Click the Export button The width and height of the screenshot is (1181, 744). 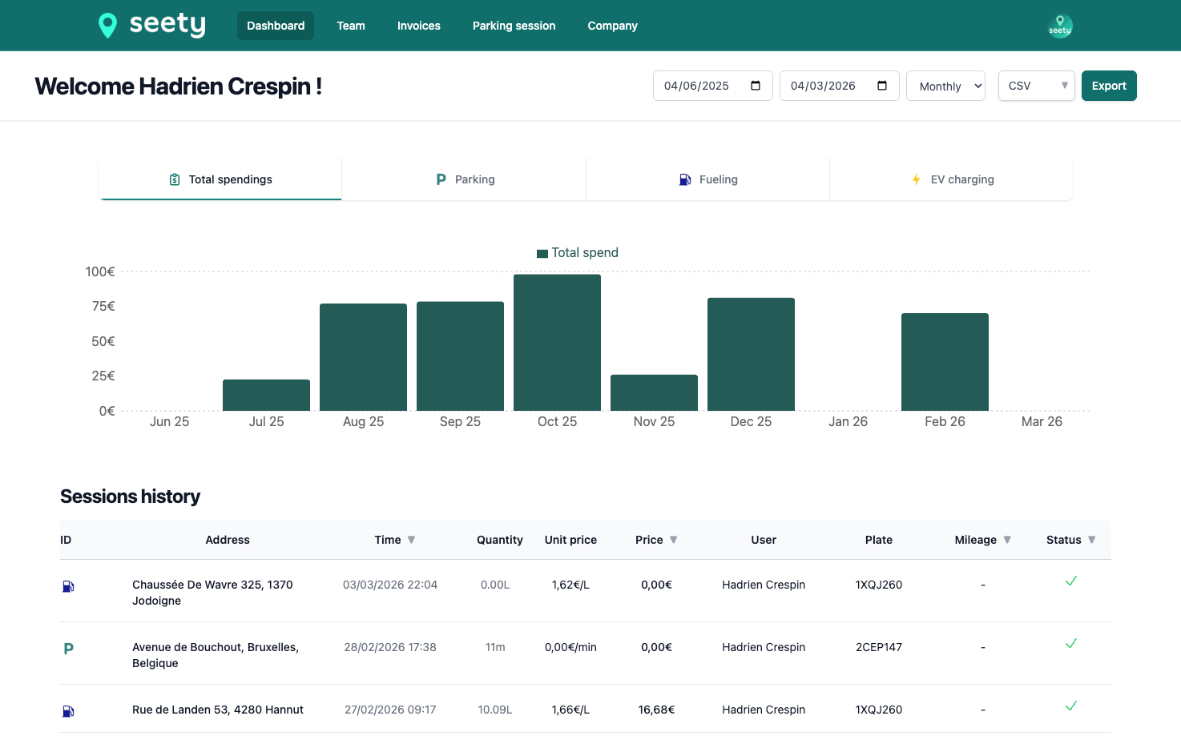tap(1108, 86)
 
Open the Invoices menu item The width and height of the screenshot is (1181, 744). tap(418, 26)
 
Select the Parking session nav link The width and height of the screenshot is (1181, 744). tap(514, 26)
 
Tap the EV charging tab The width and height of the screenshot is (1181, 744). tap(952, 179)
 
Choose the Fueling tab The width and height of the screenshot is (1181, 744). tap(707, 179)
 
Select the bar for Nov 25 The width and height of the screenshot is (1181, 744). tap(654, 392)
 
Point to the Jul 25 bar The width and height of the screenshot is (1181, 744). tap(266, 395)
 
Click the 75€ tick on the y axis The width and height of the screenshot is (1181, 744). tap(103, 306)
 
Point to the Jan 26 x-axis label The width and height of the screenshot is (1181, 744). tap(848, 421)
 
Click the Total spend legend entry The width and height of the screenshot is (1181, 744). tap(578, 253)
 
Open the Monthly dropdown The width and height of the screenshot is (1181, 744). tap(945, 86)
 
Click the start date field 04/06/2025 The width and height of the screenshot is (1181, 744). tap(711, 86)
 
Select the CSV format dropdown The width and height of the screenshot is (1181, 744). tap(1036, 86)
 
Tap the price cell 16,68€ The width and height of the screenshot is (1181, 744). tap(656, 710)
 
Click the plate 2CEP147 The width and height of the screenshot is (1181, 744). tap(878, 647)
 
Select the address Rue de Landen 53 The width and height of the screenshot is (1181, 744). tap(217, 710)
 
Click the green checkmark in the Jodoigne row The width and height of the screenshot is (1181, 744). tap(1070, 581)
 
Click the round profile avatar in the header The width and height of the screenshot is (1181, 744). tap(1060, 26)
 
